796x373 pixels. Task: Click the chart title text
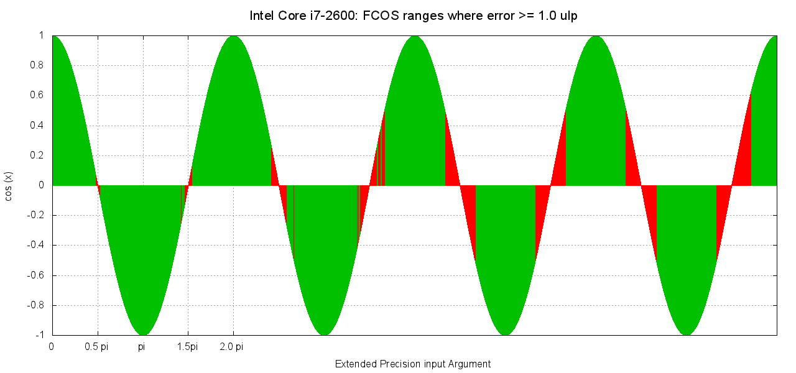coord(414,16)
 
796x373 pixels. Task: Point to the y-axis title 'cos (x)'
coord(9,185)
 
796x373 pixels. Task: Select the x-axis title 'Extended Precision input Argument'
coord(413,364)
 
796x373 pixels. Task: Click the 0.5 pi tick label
coord(96,347)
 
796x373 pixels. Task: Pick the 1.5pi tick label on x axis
coord(187,347)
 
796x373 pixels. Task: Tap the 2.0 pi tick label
coord(231,347)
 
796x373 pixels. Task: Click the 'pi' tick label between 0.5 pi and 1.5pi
coord(142,347)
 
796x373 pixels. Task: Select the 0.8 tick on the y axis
coord(37,65)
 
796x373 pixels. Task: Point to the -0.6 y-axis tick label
coord(35,275)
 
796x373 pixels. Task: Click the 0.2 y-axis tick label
coord(37,155)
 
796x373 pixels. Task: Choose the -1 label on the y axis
coord(39,335)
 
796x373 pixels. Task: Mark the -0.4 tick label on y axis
coord(35,245)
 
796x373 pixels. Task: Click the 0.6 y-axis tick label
coord(37,95)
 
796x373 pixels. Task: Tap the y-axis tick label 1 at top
coord(42,35)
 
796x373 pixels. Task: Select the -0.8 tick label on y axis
coord(35,305)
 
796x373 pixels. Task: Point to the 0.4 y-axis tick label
coord(37,126)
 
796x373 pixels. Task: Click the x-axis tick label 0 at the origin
coord(52,347)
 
